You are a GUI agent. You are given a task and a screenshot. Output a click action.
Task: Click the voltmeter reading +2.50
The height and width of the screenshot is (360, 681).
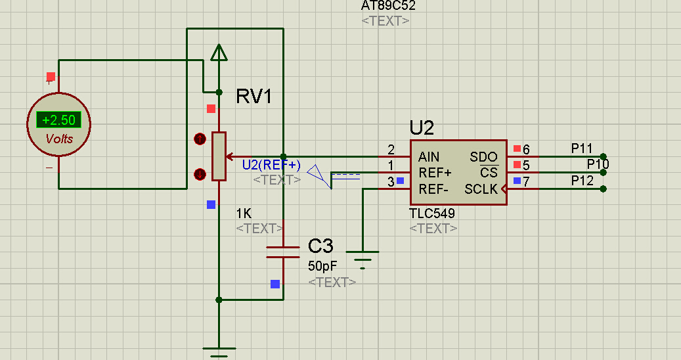pyautogui.click(x=58, y=120)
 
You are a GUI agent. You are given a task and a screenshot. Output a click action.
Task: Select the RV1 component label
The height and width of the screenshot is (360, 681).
pyautogui.click(x=254, y=97)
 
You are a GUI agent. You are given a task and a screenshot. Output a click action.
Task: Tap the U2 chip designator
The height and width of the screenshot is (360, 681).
pyautogui.click(x=422, y=127)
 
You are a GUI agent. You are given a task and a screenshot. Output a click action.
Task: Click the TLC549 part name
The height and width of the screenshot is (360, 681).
pyautogui.click(x=432, y=214)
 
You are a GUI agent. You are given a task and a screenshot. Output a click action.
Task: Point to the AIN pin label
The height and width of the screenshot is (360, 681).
pyautogui.click(x=429, y=157)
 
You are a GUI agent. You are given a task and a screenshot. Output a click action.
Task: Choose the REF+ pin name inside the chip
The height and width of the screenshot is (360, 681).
pyautogui.click(x=435, y=173)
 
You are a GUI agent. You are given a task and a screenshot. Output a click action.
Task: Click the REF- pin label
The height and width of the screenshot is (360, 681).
pyautogui.click(x=433, y=189)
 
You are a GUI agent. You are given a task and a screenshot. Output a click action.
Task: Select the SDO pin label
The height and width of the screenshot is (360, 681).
pyautogui.click(x=483, y=157)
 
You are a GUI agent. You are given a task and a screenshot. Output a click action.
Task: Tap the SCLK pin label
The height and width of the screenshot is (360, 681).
pyautogui.click(x=481, y=189)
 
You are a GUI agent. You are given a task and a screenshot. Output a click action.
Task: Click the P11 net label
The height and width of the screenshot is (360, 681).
pyautogui.click(x=582, y=148)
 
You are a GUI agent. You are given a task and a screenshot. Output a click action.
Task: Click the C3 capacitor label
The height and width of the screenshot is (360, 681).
pyautogui.click(x=320, y=247)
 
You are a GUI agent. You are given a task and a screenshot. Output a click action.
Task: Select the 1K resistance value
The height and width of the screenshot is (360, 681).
pyautogui.click(x=244, y=214)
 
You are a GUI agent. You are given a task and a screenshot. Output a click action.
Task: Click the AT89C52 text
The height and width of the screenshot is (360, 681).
pyautogui.click(x=388, y=6)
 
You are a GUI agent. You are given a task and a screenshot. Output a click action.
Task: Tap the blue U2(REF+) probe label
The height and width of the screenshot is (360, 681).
pyautogui.click(x=271, y=164)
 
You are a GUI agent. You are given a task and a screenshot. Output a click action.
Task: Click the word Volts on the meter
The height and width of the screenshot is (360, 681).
pyautogui.click(x=59, y=139)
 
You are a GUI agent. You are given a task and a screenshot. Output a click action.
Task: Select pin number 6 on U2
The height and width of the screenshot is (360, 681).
pyautogui.click(x=526, y=150)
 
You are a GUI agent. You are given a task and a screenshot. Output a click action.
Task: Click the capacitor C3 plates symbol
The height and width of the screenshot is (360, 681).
pyautogui.click(x=283, y=252)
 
